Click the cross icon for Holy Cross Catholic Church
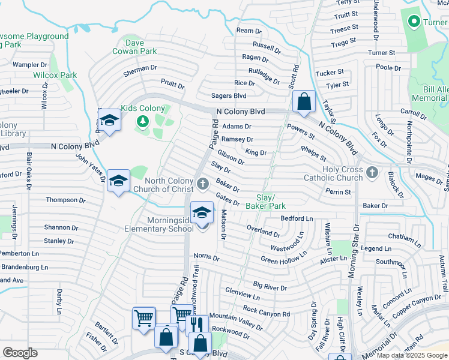372,173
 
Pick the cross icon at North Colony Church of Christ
202,182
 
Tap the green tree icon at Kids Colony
142,122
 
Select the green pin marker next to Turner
413,22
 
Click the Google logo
20,353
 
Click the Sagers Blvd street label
229,95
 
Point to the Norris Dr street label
206,257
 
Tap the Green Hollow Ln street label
284,256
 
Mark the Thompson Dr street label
63,200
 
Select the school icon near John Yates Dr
118,181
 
